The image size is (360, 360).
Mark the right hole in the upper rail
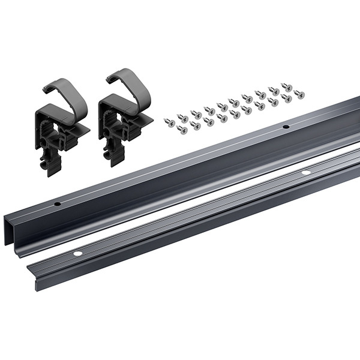[286, 127]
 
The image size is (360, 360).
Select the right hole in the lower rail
[305, 173]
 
